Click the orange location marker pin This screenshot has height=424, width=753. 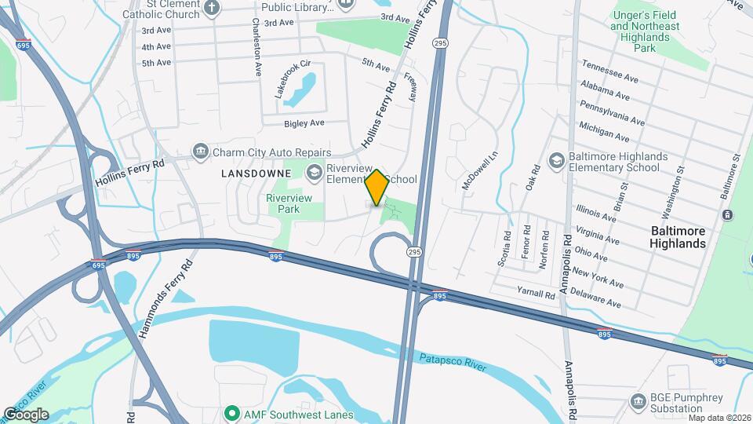coord(376,188)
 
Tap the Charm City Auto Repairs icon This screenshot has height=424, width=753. coord(201,152)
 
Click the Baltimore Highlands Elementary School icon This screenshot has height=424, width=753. coord(557,161)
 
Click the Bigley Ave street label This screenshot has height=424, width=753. coord(304,123)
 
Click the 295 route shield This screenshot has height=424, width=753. coord(414,251)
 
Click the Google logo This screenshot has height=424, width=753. coord(26,414)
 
